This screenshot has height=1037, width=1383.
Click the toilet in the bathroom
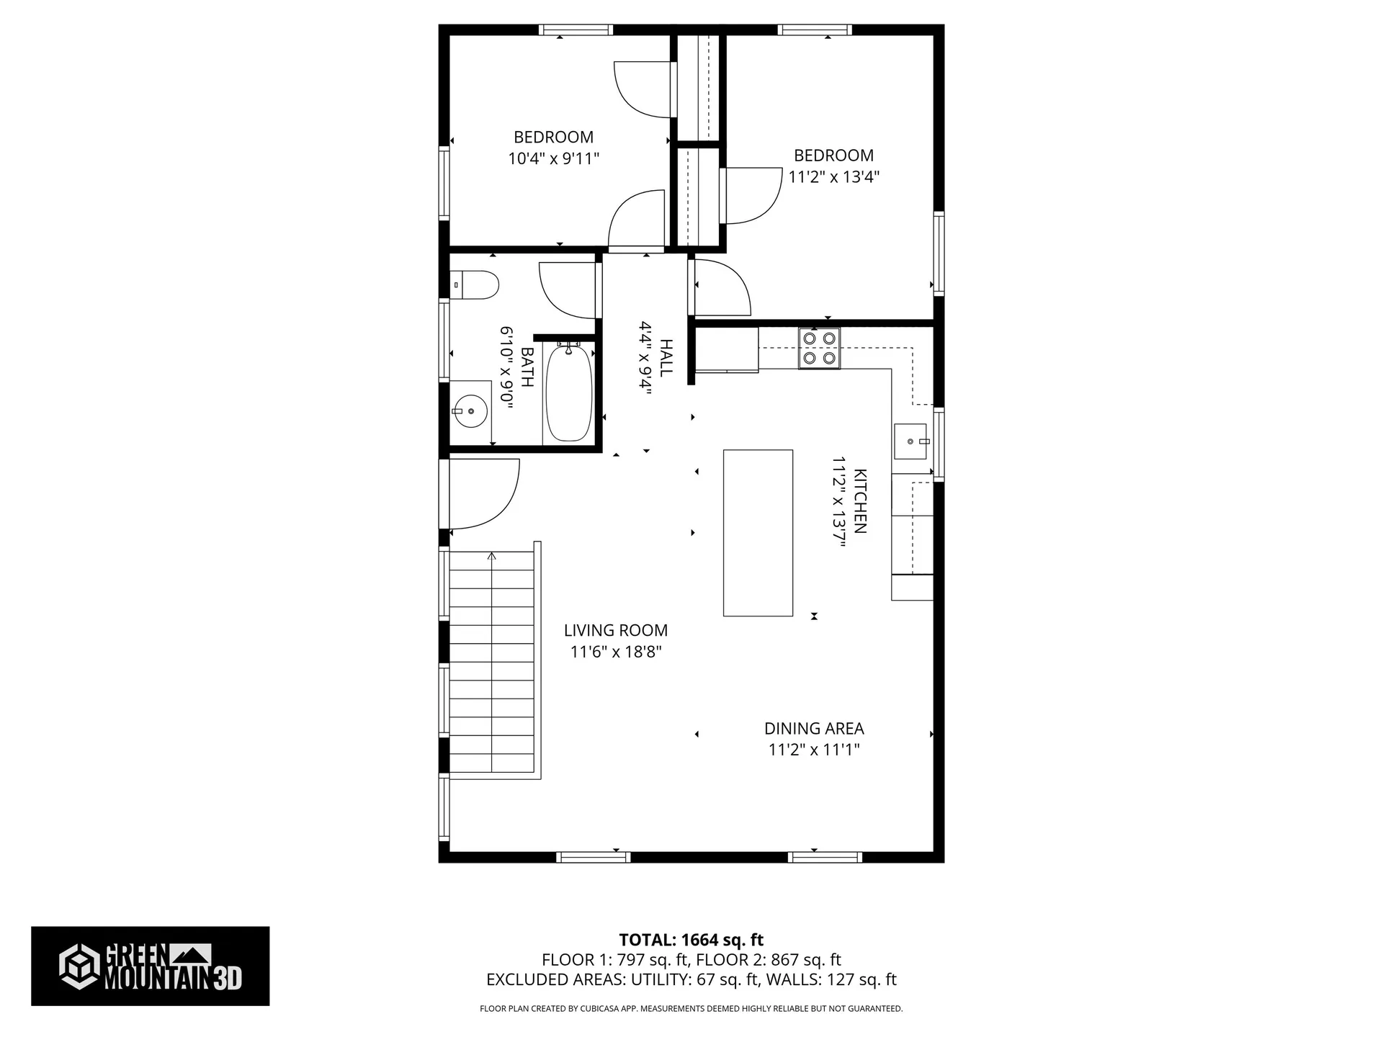tap(474, 285)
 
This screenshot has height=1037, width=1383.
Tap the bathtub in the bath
tap(569, 392)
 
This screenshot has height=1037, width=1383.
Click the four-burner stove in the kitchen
tap(819, 349)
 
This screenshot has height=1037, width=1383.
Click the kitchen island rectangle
tap(758, 533)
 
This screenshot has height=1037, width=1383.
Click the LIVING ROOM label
tap(616, 630)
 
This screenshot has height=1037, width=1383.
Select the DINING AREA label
tap(814, 728)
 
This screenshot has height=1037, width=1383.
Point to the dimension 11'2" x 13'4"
tap(833, 176)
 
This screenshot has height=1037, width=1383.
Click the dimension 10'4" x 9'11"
tap(554, 158)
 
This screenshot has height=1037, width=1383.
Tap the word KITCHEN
tap(860, 501)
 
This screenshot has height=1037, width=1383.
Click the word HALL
tap(666, 357)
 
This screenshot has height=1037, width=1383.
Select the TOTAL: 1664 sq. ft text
tap(691, 940)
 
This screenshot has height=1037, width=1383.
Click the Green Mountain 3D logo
tap(150, 966)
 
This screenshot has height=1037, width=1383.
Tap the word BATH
tap(527, 367)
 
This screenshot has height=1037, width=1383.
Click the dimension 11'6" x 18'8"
tap(616, 652)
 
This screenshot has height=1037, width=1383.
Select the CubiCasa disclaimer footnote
tap(691, 1009)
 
